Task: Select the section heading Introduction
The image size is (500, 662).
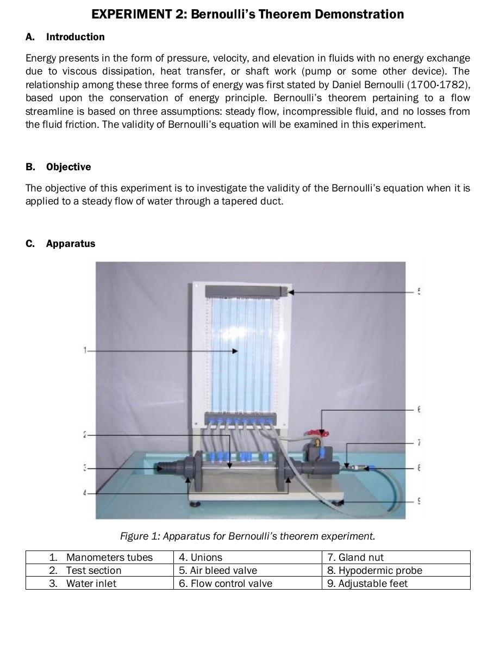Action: coord(75,37)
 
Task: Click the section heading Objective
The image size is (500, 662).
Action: coord(68,167)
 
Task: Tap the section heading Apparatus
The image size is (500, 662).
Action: coord(71,244)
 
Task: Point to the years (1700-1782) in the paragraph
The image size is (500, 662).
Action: coord(439,85)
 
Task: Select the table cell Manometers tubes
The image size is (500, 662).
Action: coord(109,557)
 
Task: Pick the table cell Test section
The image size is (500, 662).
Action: coord(93,570)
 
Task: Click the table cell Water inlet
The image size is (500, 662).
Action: coord(91,583)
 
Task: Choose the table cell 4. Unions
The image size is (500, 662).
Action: coord(201,557)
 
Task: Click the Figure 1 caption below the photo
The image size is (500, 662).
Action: coord(247,536)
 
